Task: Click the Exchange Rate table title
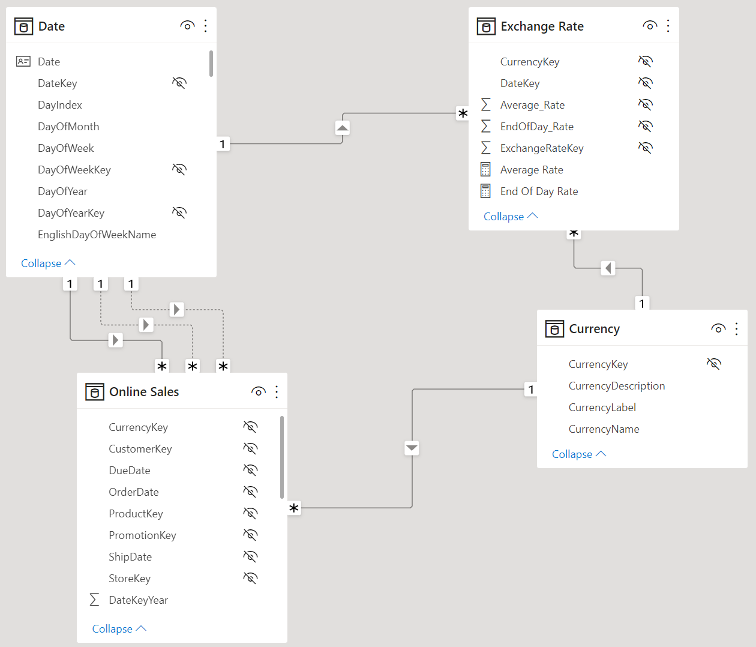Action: point(542,26)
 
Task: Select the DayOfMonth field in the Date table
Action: point(68,127)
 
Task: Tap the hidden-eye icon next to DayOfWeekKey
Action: point(179,169)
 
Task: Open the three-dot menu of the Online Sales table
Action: point(277,392)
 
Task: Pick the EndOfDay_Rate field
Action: point(537,127)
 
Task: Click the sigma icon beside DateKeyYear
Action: point(94,600)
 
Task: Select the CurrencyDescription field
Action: point(617,386)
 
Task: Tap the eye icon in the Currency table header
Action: point(718,329)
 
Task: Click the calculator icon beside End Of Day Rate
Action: point(485,191)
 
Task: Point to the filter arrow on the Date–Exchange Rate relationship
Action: point(343,128)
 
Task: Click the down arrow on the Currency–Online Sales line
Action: point(412,448)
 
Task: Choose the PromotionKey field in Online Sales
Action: point(142,535)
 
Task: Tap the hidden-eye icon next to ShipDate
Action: point(251,556)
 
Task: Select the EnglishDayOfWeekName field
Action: point(97,235)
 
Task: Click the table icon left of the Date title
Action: point(24,26)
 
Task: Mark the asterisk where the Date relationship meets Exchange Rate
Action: point(463,113)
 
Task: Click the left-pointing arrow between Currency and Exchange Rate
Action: point(608,268)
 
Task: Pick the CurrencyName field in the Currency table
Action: point(604,429)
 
